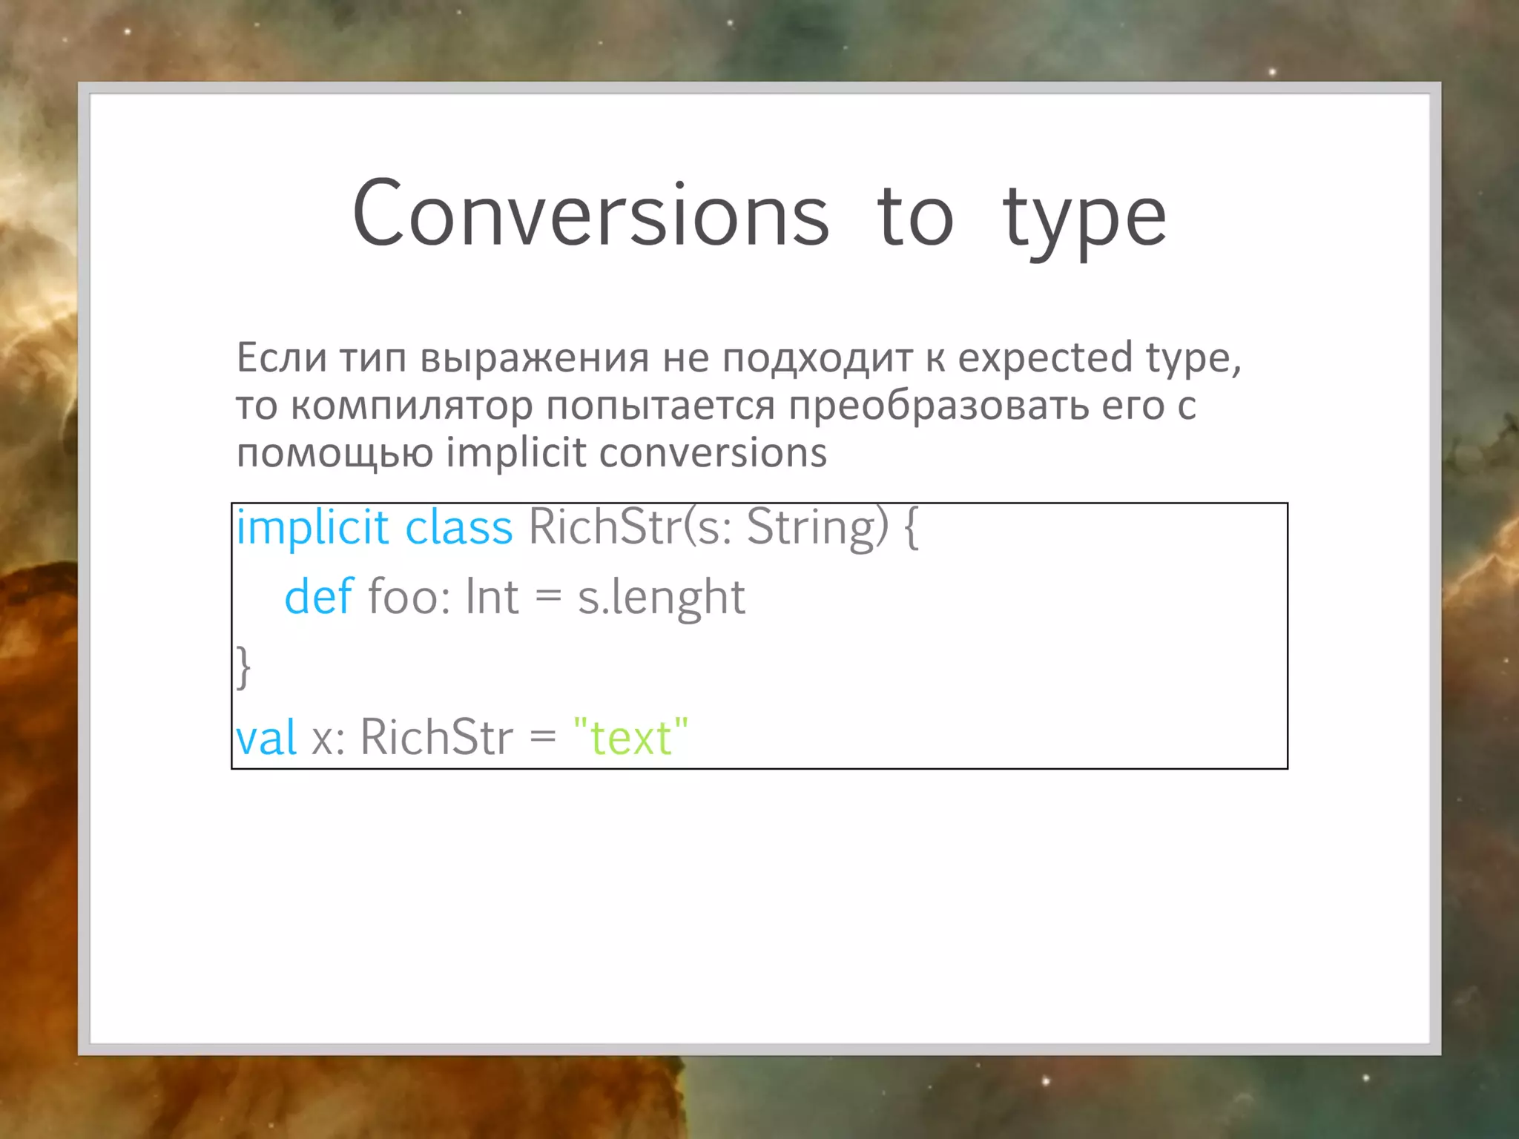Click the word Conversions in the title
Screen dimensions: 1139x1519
[590, 215]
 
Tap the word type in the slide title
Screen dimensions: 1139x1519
[1084, 219]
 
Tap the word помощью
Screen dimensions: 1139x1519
[335, 453]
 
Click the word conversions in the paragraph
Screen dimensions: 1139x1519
[713, 453]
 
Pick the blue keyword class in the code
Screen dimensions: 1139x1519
[459, 527]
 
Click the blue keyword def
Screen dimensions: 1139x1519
[319, 596]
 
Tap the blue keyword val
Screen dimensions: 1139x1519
[266, 737]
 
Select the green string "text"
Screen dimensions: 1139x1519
[631, 737]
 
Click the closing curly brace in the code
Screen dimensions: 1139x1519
[243, 667]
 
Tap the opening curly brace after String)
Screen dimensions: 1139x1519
[912, 528]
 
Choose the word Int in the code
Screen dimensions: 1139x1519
[492, 596]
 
